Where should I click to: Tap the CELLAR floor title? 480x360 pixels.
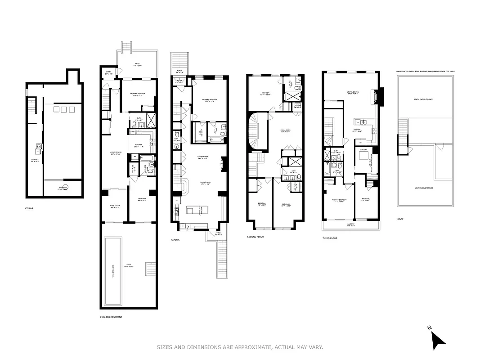click(x=30, y=208)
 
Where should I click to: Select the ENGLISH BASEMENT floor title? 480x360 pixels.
click(x=111, y=317)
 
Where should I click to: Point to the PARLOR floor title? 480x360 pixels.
click(x=175, y=240)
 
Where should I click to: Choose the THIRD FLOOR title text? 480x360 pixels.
click(x=330, y=238)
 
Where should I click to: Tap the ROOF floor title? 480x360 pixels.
click(x=400, y=219)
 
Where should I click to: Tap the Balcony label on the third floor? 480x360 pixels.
click(x=350, y=224)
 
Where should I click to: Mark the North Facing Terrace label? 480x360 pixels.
click(x=423, y=99)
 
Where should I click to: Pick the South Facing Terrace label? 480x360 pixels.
click(x=423, y=188)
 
